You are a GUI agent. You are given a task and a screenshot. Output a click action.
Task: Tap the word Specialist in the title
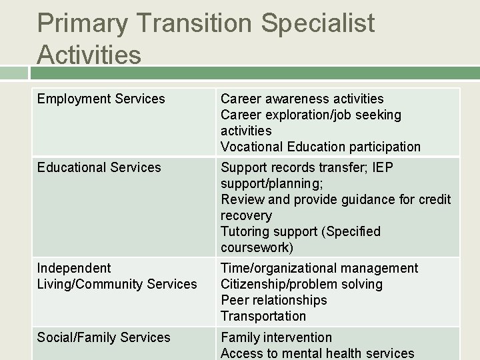[x=318, y=24]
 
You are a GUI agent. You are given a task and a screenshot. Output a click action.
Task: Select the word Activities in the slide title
[x=89, y=55]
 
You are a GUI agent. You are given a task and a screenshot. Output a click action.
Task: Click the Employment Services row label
[x=101, y=99]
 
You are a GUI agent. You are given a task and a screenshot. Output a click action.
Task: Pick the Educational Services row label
[x=99, y=167]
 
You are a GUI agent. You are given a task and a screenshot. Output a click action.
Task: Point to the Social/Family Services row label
[x=103, y=337]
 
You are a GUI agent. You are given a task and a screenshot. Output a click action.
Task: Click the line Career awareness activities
[x=302, y=99]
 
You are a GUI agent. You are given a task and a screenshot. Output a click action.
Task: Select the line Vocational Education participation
[x=321, y=147]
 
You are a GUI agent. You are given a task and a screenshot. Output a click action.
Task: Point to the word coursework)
[x=257, y=247]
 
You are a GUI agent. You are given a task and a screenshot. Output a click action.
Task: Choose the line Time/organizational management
[x=319, y=268]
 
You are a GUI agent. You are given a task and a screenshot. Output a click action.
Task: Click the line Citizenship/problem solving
[x=301, y=284]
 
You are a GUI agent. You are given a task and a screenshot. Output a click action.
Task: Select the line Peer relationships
[x=274, y=300]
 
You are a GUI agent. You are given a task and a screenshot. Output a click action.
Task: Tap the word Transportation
[x=263, y=316]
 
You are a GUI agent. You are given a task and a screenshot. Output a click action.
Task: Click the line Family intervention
[x=276, y=337]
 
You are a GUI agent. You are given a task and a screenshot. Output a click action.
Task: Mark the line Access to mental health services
[x=317, y=353]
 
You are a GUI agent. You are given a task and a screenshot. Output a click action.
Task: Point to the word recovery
[x=246, y=215]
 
